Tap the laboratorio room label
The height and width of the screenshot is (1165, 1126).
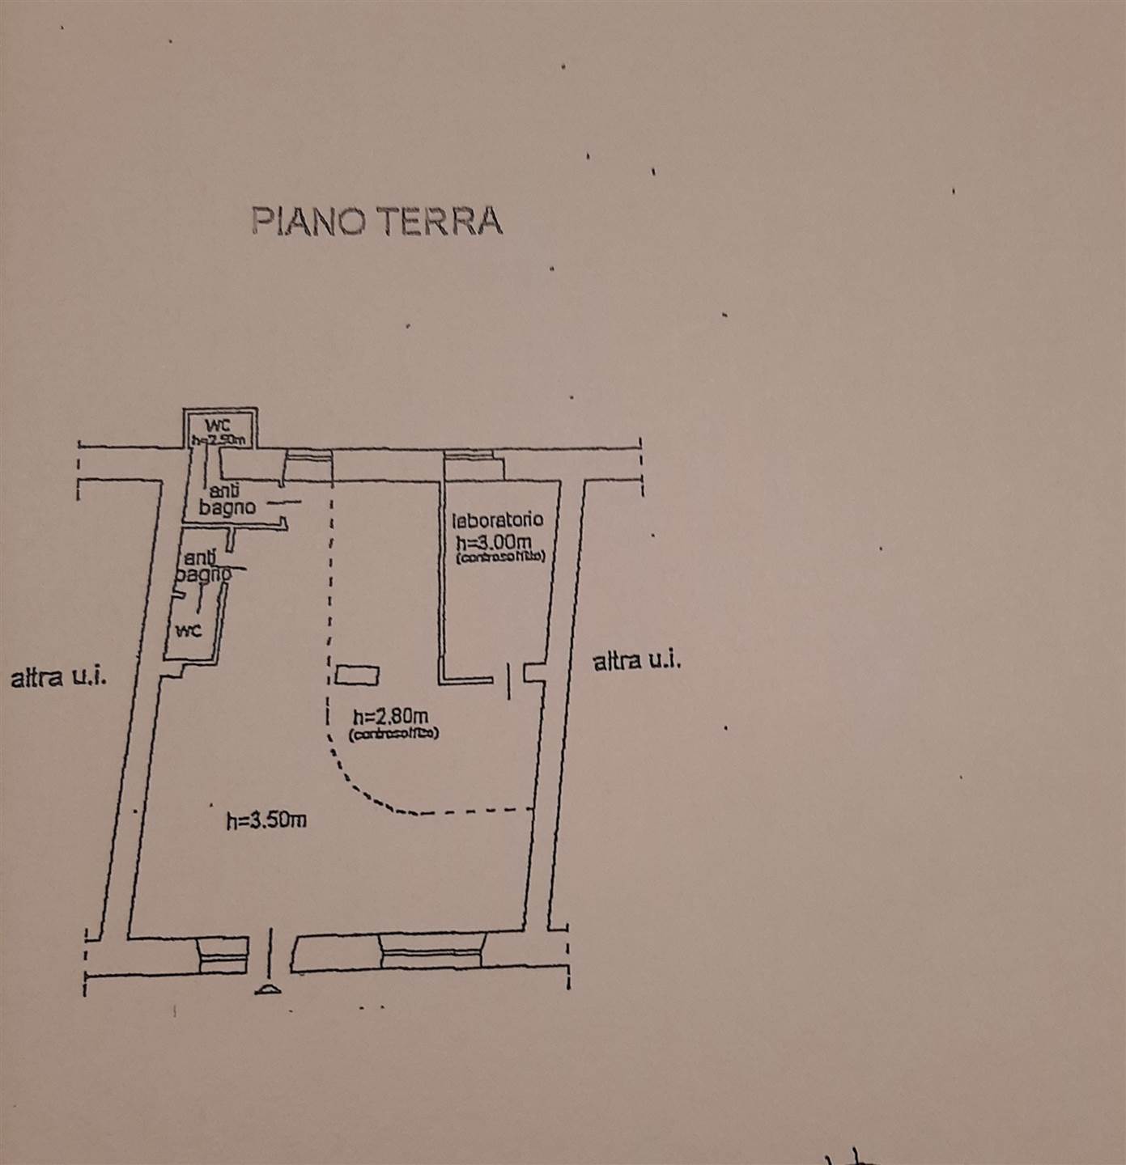pos(497,520)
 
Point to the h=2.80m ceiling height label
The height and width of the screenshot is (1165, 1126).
pos(391,716)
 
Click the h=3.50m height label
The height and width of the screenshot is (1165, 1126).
pos(266,820)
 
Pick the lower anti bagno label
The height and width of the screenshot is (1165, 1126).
pos(202,566)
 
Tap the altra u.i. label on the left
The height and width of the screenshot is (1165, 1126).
pos(58,677)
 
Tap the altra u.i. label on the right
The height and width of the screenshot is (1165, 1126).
pos(637,662)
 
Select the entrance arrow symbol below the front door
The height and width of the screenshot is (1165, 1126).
pos(268,988)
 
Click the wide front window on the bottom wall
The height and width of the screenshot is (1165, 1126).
pos(431,951)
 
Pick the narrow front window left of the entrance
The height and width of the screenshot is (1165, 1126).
pos(223,955)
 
